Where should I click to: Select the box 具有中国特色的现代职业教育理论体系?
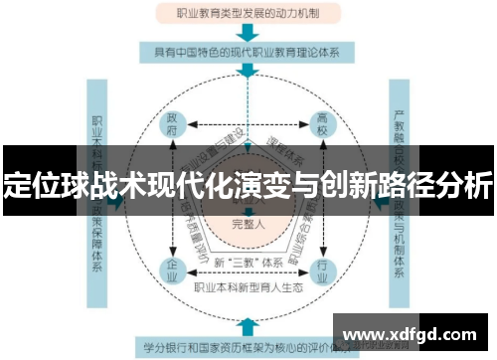coord(247,50)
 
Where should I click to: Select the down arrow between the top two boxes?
coord(247,31)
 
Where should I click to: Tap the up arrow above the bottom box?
coord(247,325)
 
